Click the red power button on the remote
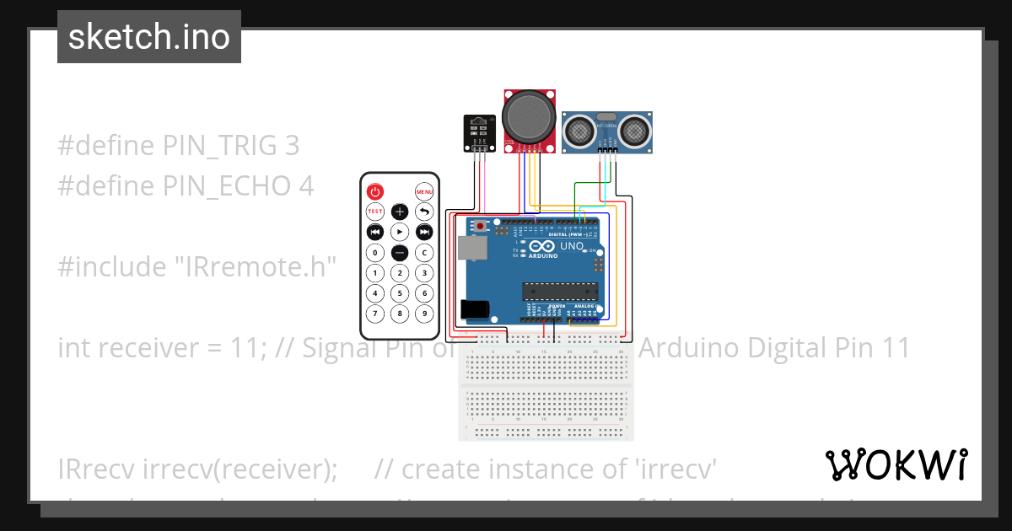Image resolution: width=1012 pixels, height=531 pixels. tap(375, 191)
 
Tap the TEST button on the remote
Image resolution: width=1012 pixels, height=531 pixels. tap(375, 212)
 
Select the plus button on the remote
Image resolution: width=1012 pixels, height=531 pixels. tap(400, 212)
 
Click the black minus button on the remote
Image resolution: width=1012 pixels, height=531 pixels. tap(400, 252)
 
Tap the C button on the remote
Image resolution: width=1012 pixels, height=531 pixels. tap(424, 252)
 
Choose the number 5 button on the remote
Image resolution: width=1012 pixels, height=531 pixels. tap(400, 293)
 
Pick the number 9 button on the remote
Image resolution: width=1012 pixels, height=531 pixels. tap(424, 314)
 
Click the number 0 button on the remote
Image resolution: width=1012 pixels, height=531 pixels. tap(375, 252)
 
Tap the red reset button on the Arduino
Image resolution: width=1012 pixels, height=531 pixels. tap(481, 226)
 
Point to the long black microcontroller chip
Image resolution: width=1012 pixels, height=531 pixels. tap(560, 292)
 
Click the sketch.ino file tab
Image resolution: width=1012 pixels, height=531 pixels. tap(149, 37)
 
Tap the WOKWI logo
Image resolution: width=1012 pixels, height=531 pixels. tap(896, 464)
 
